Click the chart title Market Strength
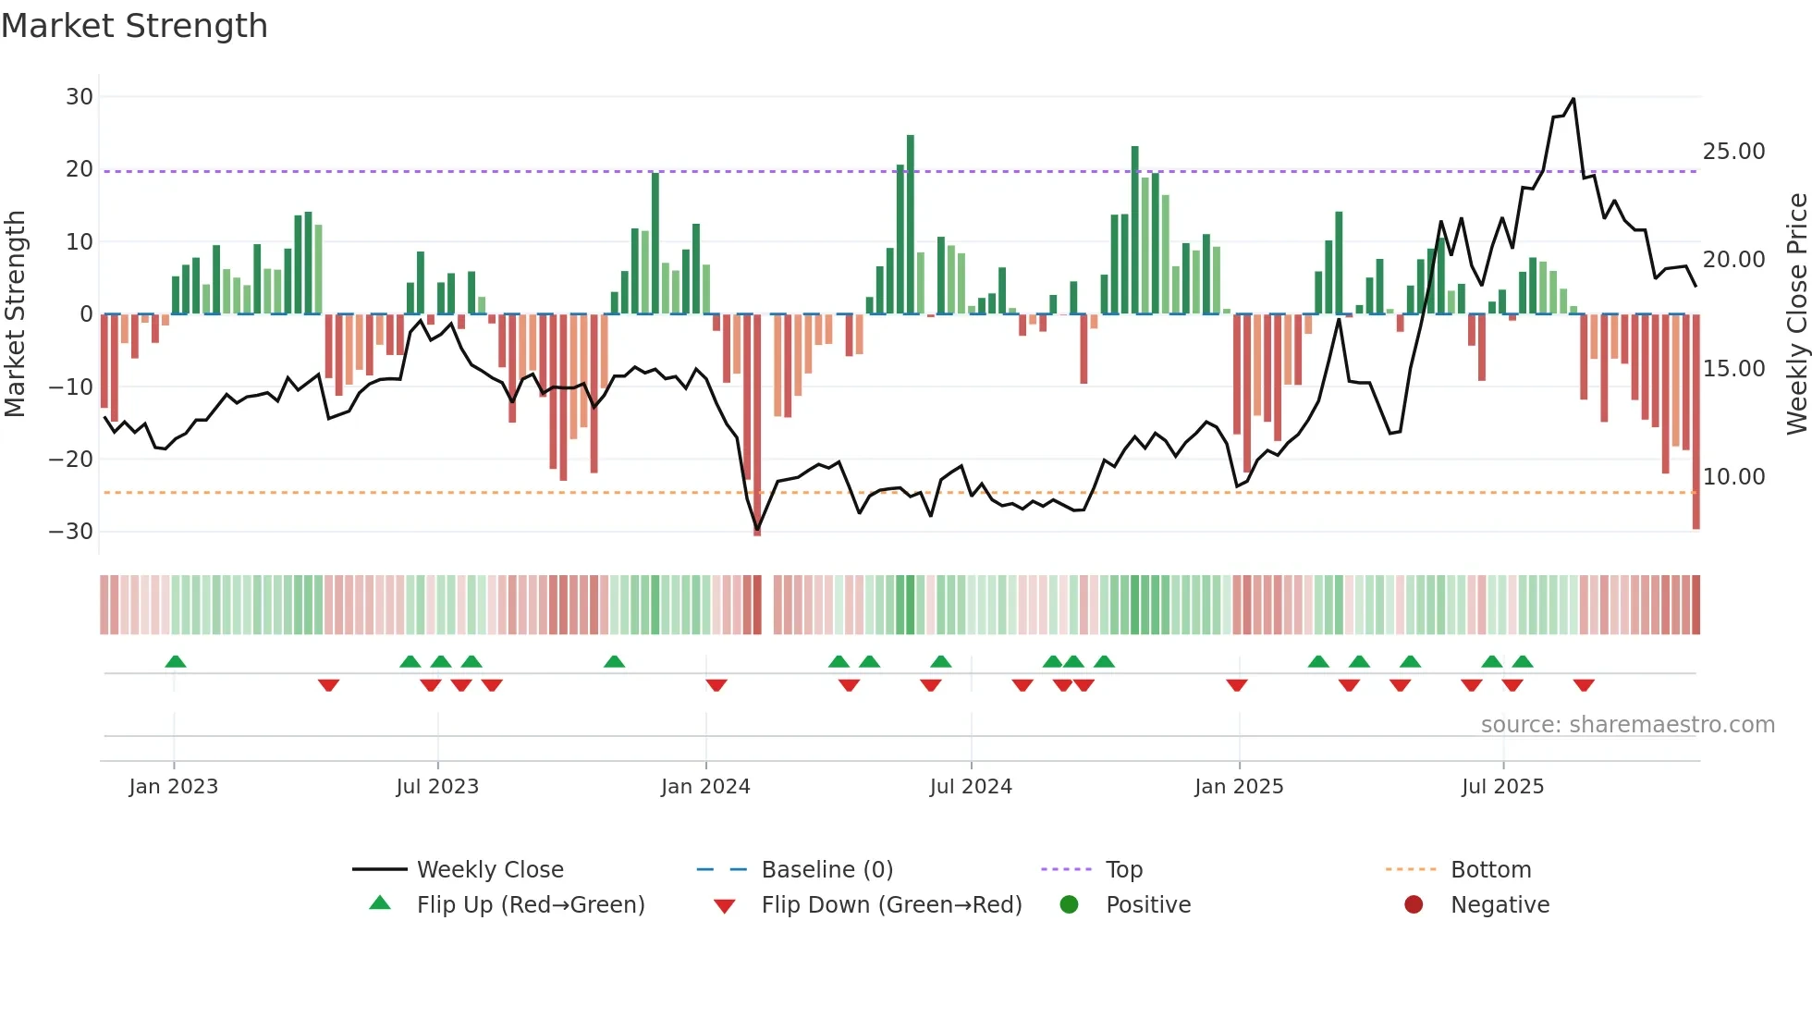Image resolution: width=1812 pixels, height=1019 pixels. (134, 26)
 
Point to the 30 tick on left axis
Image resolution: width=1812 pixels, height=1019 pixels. (80, 97)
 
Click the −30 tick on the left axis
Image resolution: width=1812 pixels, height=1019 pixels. (71, 532)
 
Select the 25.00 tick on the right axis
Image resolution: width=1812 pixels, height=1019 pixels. (1733, 152)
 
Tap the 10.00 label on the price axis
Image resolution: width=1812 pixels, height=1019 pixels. (1733, 477)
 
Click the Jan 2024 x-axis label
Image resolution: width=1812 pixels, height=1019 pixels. (705, 787)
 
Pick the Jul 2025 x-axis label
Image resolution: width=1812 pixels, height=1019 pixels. (1502, 787)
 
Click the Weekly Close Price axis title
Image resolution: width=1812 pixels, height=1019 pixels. (1796, 314)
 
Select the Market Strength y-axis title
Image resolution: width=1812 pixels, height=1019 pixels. (16, 314)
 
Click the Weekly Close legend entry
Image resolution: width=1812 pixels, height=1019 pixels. (489, 870)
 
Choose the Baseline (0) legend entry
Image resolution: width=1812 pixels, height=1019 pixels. (826, 870)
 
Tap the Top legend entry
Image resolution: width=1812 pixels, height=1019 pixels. (1123, 870)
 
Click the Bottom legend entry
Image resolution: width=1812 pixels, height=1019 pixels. (1490, 870)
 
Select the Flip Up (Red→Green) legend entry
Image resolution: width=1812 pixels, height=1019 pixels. (530, 905)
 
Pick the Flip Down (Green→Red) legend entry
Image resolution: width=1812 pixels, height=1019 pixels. (891, 905)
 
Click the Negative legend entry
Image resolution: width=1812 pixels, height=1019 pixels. (1499, 905)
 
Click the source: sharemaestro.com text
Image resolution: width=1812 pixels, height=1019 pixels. (1627, 725)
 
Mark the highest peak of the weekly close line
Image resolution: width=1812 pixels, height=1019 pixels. (1573, 99)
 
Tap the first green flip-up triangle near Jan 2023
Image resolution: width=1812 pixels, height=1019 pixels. (175, 661)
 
